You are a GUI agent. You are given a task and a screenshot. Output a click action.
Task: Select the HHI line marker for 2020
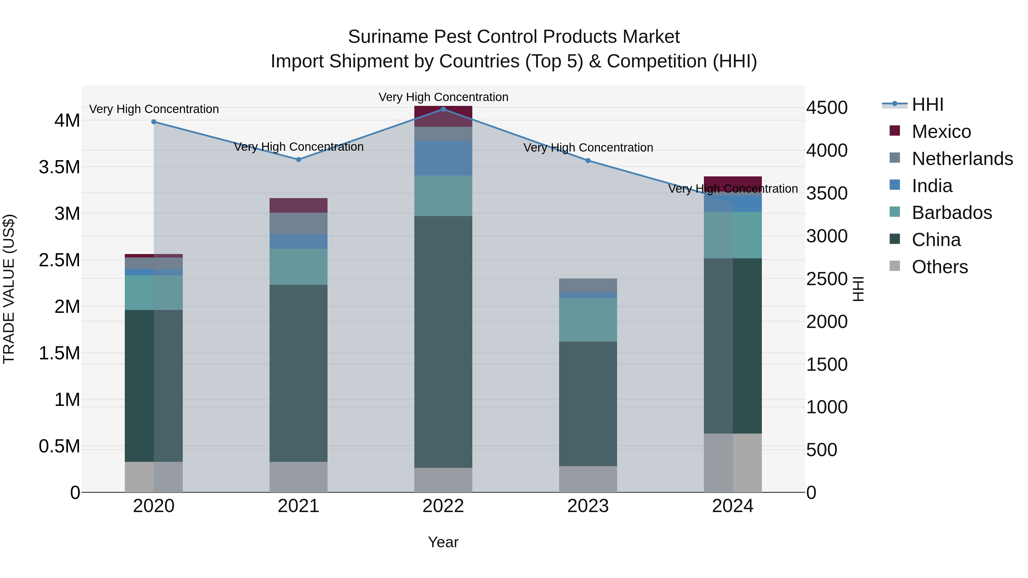(154, 122)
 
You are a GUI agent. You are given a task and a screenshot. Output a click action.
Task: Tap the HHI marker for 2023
(588, 161)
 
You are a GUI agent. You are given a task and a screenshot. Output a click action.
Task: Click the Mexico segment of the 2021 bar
(298, 206)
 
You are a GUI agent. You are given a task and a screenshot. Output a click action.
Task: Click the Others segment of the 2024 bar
(733, 463)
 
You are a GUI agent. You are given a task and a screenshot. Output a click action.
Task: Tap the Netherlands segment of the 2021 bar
(298, 223)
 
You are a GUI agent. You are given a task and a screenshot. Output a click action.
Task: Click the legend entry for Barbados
(951, 213)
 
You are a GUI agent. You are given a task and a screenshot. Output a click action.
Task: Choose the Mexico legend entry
(941, 132)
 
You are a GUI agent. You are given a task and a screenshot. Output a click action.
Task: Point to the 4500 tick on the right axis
(827, 108)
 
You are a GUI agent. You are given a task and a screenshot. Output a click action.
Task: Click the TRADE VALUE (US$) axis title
(9, 289)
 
